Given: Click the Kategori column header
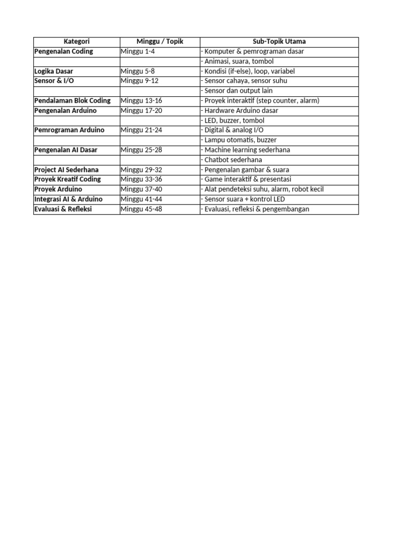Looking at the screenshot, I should coord(77,42).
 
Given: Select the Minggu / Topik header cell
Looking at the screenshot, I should coord(159,42).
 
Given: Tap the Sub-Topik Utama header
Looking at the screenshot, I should coord(279,42).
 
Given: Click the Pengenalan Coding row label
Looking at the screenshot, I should coord(64,51).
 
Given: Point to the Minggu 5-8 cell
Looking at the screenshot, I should coord(138,71).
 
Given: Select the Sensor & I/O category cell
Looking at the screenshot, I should coord(54,81).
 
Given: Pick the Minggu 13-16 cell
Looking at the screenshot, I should coord(141,101).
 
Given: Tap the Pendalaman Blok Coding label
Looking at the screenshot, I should coord(72,101).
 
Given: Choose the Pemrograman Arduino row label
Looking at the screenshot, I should coord(70,130).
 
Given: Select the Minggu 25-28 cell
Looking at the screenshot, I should coord(141,150).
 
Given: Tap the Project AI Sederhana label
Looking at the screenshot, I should coord(66,170).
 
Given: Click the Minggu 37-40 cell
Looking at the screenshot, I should coord(141,189).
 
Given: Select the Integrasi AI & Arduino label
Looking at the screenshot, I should coord(68,199).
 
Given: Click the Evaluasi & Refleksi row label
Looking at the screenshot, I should coord(63,209).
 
